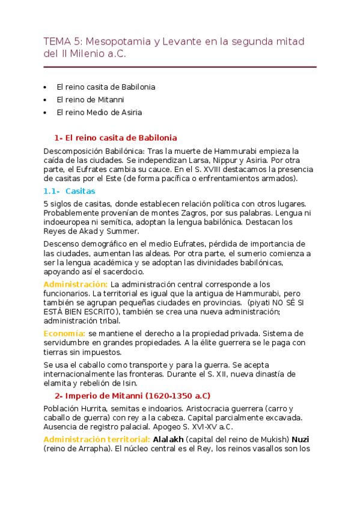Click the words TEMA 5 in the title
(63, 41)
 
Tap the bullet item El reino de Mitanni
(90, 99)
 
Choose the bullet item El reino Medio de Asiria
(99, 112)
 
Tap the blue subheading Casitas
(80, 191)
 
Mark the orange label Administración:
(76, 284)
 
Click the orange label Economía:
(65, 333)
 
